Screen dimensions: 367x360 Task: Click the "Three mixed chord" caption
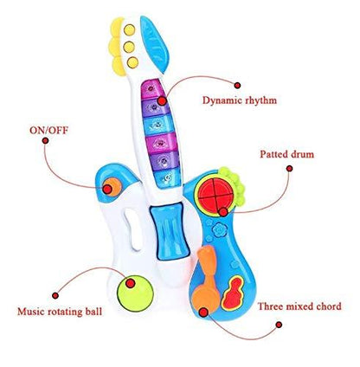[299, 306]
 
